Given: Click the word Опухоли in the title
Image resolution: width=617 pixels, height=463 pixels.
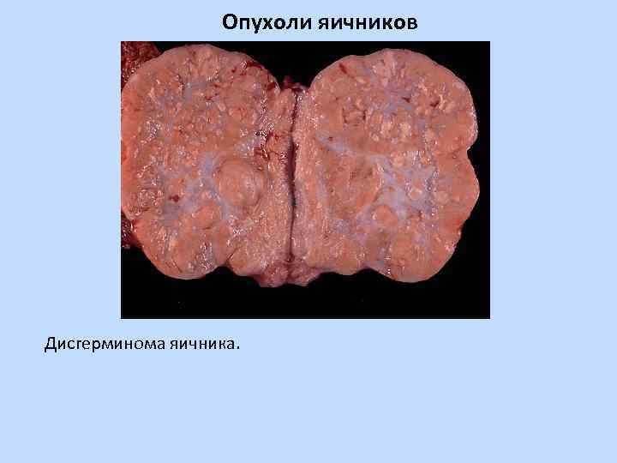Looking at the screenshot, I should tap(259, 21).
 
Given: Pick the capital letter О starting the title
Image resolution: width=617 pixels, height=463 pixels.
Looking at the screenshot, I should tap(229, 21).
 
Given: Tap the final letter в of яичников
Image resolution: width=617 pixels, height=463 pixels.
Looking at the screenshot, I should tap(413, 22).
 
